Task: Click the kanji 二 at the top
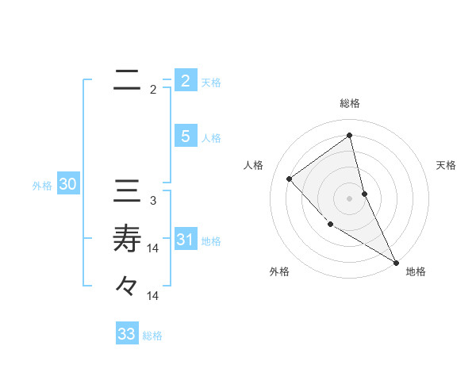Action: click(127, 81)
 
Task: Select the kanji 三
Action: click(127, 193)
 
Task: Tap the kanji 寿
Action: click(127, 238)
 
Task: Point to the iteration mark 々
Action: click(127, 285)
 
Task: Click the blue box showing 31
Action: click(185, 239)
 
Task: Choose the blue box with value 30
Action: click(67, 184)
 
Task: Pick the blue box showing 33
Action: click(127, 333)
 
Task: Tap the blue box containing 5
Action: click(185, 136)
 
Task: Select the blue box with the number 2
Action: click(185, 80)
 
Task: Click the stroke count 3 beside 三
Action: click(153, 201)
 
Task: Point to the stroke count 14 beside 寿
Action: click(154, 248)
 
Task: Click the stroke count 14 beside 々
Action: click(154, 296)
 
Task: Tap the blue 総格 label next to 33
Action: click(152, 336)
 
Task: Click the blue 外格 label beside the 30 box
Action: click(42, 186)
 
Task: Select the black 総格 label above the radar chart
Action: click(350, 103)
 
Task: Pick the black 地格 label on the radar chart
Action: click(416, 271)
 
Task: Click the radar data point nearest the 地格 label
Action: click(396, 261)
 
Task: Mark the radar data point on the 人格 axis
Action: click(290, 179)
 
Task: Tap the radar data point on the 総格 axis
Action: click(350, 135)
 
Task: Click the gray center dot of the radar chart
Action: click(350, 198)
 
